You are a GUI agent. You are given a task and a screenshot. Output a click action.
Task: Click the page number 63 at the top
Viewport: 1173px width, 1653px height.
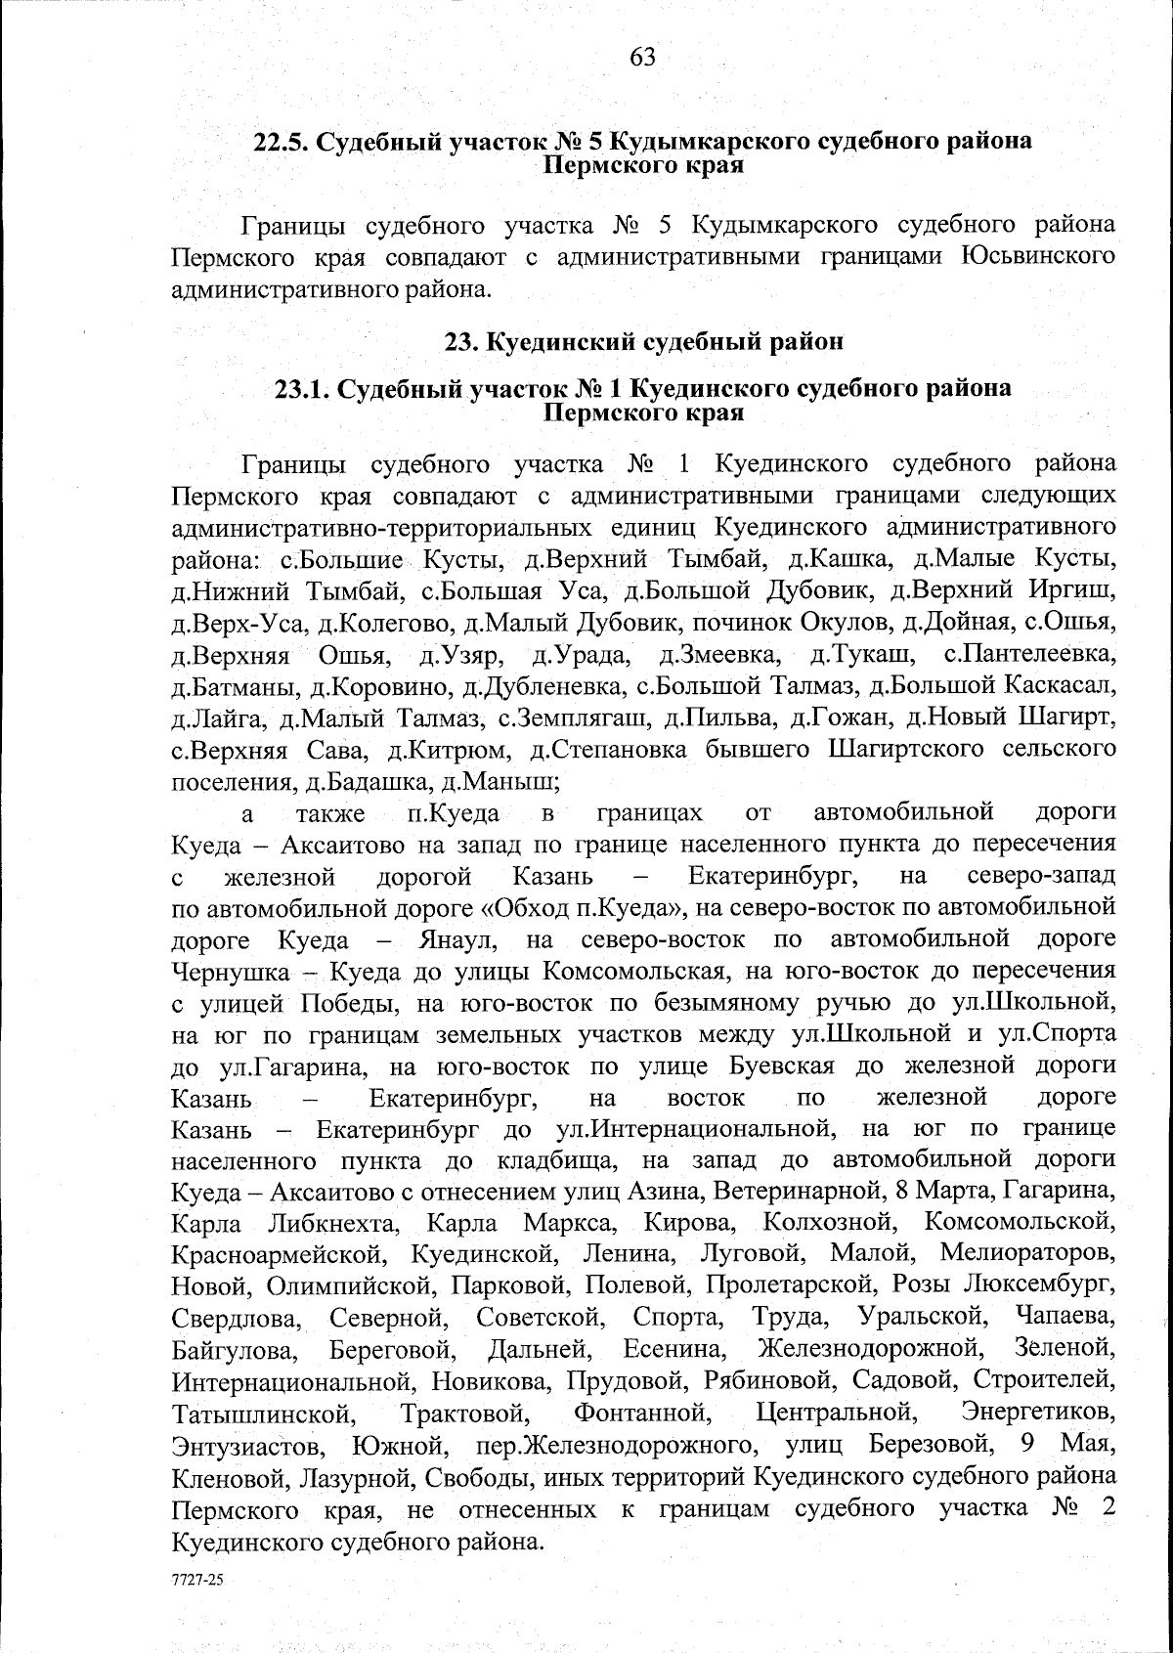coord(642,58)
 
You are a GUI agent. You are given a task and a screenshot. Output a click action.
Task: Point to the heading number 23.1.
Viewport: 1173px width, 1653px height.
coord(302,389)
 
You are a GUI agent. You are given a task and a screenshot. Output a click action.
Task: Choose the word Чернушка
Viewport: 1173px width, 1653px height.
coord(231,972)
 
